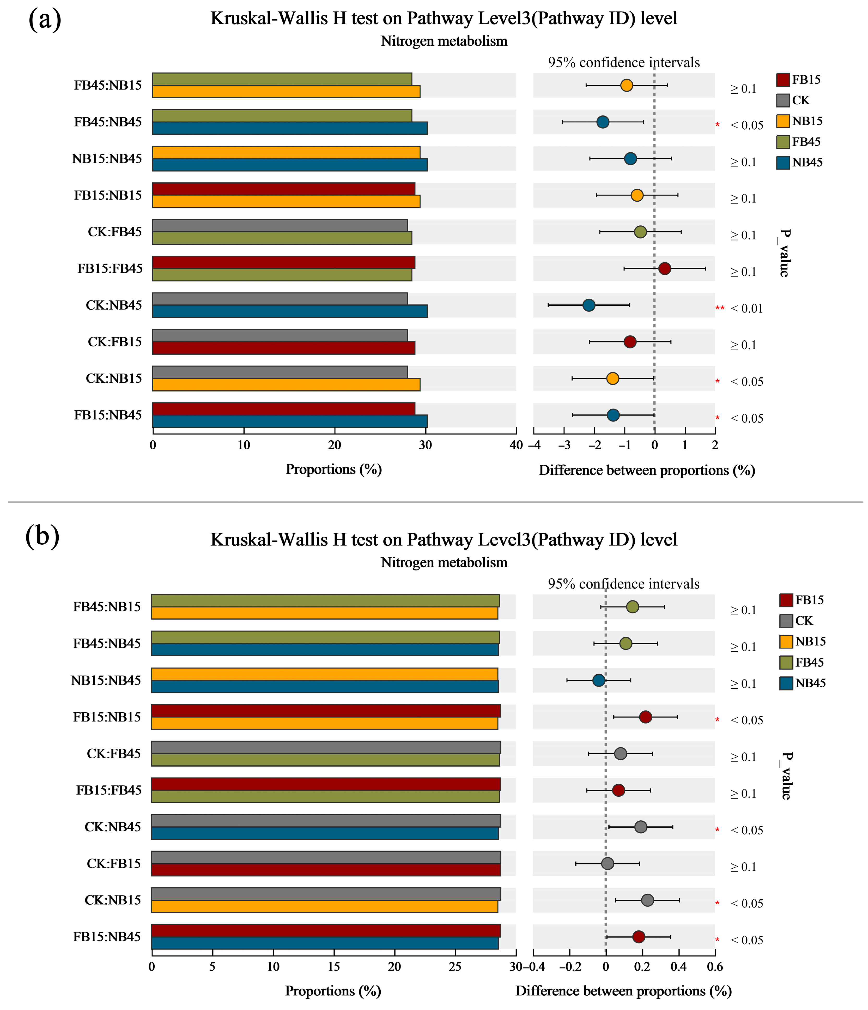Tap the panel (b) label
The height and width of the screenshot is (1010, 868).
43,536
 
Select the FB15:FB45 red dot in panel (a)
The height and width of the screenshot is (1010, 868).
664,269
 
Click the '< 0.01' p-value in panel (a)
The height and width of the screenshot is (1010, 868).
747,309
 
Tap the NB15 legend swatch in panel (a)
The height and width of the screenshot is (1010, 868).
783,121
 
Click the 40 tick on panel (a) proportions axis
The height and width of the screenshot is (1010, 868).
516,445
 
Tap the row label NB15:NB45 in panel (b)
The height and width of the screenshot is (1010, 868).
106,681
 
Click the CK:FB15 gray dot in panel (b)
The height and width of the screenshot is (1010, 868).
607,864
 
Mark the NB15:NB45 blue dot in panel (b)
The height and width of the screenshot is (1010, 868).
599,681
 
